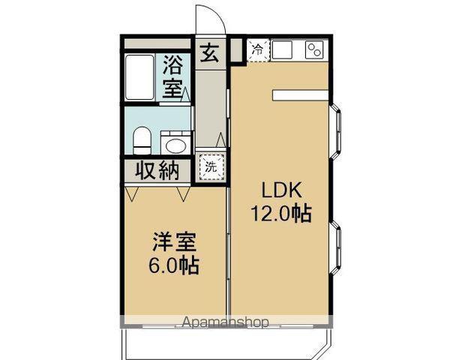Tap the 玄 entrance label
209,55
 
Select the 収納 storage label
157,170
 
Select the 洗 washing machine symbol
211,166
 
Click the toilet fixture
141,139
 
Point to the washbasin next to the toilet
176,143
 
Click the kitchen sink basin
284,50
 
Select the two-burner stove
313,50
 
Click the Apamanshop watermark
225,323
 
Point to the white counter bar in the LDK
299,95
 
